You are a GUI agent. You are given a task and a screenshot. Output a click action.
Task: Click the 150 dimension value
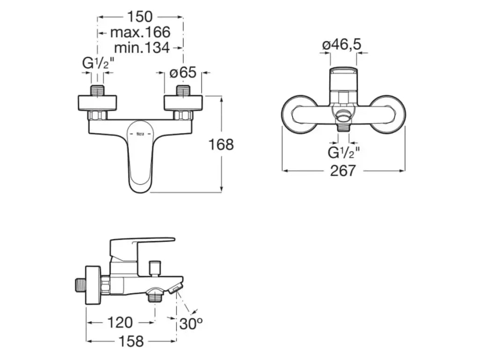(140, 17)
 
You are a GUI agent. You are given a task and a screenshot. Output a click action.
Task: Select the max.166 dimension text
(140, 32)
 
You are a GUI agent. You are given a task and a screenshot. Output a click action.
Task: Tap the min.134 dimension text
(142, 48)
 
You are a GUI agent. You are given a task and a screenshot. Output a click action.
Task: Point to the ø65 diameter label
(183, 72)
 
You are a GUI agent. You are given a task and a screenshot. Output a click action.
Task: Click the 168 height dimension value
(221, 144)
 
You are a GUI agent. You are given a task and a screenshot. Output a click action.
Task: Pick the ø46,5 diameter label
(342, 45)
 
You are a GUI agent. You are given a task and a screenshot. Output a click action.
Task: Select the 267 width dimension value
(343, 171)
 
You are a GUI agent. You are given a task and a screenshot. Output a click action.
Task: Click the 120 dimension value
(120, 322)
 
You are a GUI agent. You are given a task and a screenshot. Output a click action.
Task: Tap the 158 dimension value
(131, 341)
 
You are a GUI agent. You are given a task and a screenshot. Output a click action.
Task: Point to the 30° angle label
(191, 324)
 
